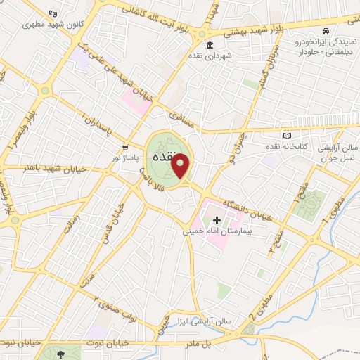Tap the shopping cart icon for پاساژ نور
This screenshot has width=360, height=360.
tap(124, 148)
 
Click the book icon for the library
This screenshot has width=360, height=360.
tap(285, 135)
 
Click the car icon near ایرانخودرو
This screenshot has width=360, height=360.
tap(326, 32)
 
